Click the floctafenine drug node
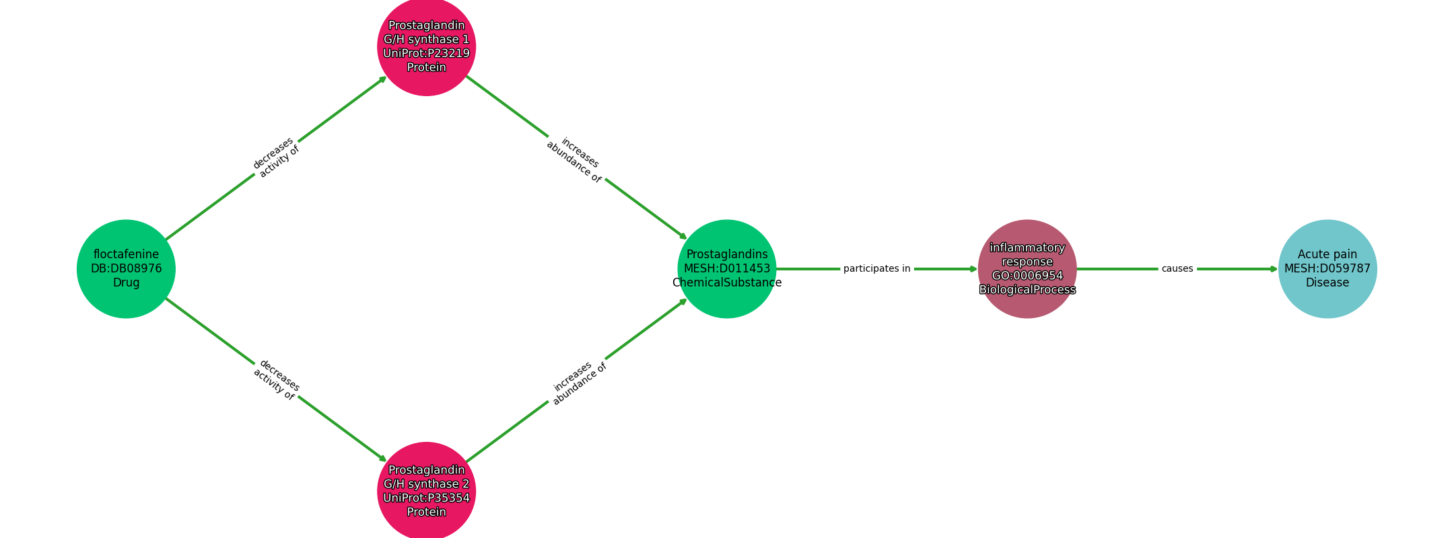tap(126, 268)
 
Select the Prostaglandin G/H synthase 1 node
tap(426, 46)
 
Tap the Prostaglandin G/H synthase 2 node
tap(426, 491)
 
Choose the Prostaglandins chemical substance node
tap(727, 268)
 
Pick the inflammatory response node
tap(1027, 268)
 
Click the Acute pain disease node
tap(1327, 268)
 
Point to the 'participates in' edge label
tap(876, 269)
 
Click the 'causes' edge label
tap(1177, 269)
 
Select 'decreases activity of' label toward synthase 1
tap(275, 157)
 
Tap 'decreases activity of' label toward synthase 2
tap(276, 380)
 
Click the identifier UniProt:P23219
tap(426, 54)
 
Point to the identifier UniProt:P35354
tap(426, 498)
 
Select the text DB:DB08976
tap(126, 269)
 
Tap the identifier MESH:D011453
tap(727, 269)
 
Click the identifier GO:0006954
tap(1027, 276)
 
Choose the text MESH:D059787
tap(1327, 269)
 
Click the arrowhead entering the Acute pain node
tap(1274, 269)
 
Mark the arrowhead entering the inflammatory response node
tap(973, 269)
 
